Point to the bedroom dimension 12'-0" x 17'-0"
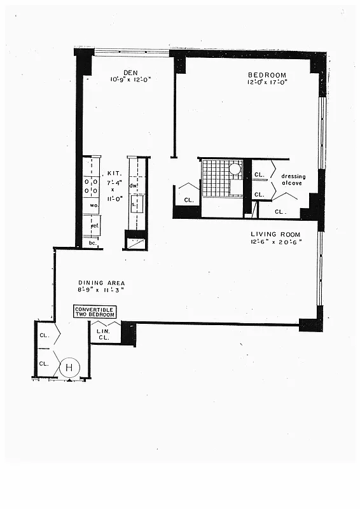(267, 82)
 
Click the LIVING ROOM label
(274, 234)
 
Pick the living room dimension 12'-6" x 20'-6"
(275, 242)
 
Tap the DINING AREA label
(101, 282)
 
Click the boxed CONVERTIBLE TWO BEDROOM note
(95, 312)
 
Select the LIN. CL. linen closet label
(104, 333)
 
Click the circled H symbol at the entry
(69, 367)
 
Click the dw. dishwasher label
(134, 186)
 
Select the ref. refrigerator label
(93, 225)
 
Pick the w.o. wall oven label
(92, 206)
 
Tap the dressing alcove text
(293, 180)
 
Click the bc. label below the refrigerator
(92, 243)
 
